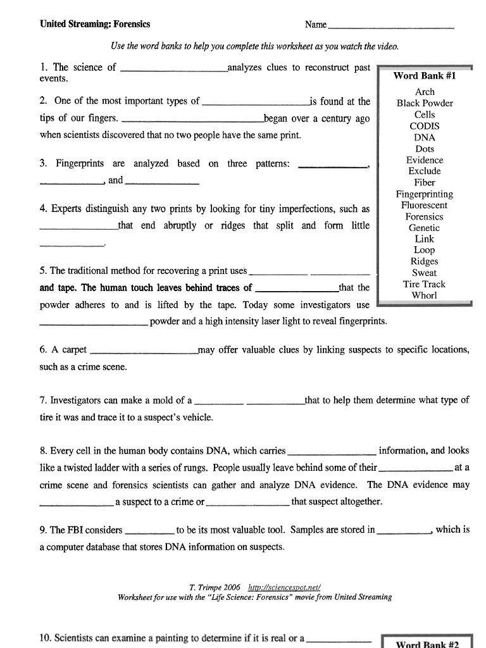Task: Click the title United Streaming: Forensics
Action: click(95, 25)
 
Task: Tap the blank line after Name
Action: click(390, 26)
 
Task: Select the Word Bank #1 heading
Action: click(425, 76)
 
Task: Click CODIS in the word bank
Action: click(425, 126)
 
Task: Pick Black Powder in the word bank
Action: click(425, 103)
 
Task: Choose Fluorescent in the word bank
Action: click(425, 205)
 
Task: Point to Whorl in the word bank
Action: click(425, 296)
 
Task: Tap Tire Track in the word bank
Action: click(425, 284)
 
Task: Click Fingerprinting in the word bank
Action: click(425, 194)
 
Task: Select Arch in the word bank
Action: click(425, 92)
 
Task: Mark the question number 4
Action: click(43, 209)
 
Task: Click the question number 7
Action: click(43, 401)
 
